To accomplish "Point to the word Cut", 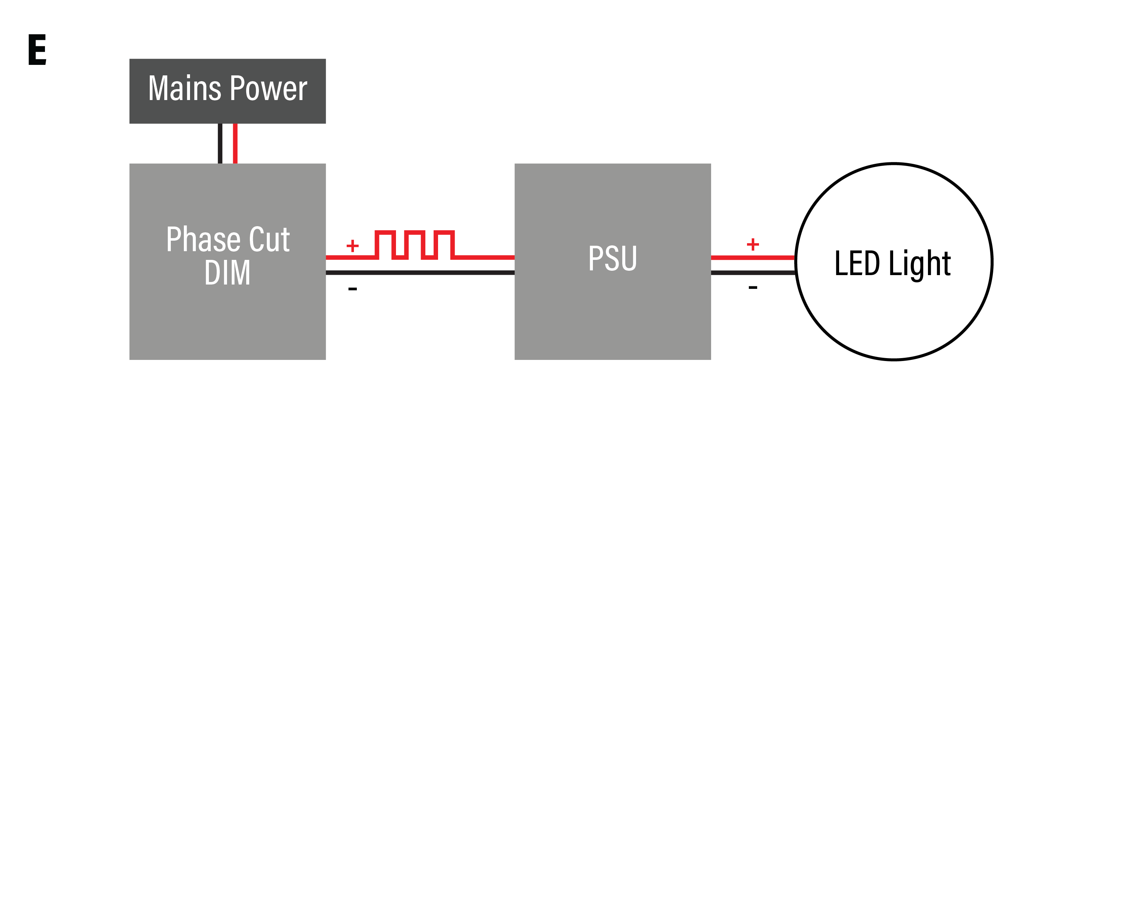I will click(269, 240).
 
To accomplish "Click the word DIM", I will click(227, 273).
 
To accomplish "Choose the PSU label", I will click(612, 258).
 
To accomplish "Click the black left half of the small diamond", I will click(215, 144).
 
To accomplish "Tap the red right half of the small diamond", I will click(240, 144).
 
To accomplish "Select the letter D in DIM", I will click(212, 273).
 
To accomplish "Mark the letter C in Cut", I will click(257, 240).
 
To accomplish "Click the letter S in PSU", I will click(612, 258).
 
